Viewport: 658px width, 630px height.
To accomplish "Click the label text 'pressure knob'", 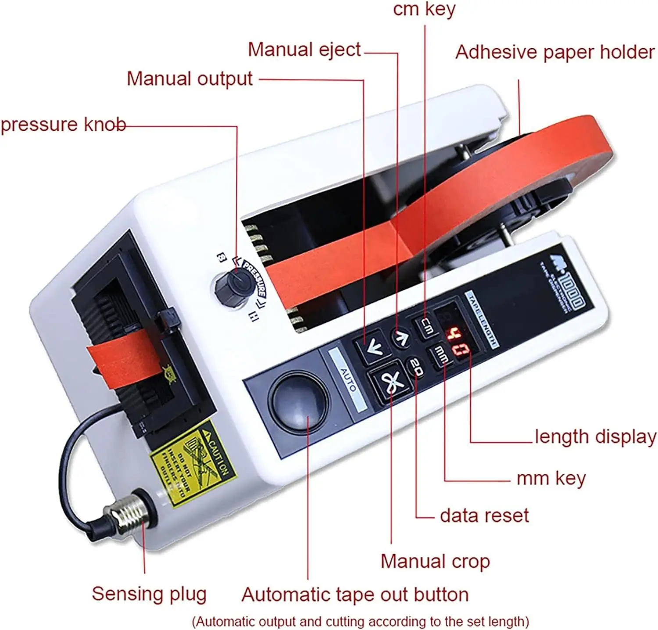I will pos(63,125).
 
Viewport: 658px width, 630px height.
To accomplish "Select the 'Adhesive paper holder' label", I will pos(554,52).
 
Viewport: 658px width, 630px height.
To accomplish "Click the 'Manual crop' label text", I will pos(435,561).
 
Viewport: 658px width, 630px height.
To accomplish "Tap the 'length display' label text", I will pos(595,437).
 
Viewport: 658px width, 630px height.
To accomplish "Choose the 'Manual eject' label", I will pos(304,50).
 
